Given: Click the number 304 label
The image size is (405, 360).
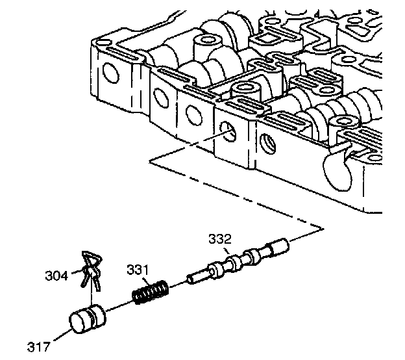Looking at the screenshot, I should click(x=57, y=276).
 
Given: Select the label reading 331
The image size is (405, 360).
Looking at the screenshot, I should click(x=138, y=268).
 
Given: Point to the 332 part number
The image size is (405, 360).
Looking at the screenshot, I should click(x=219, y=239).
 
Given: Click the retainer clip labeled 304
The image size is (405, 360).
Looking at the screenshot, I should click(x=90, y=268).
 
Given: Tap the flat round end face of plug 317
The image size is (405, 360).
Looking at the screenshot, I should click(x=80, y=323).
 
